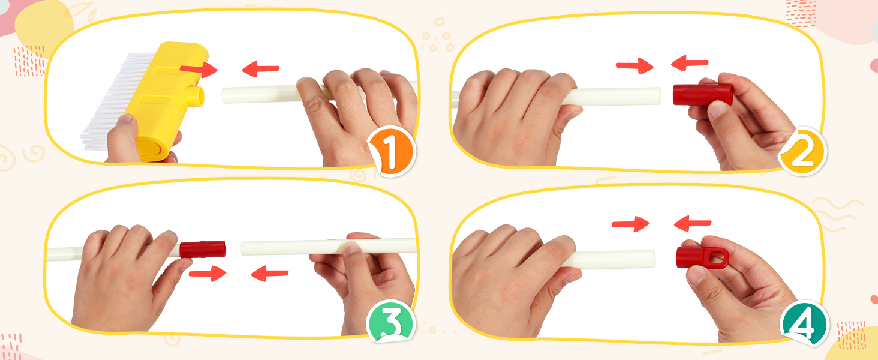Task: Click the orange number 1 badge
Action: (x=392, y=150)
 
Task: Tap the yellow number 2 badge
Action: (x=802, y=151)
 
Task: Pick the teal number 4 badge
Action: (x=804, y=323)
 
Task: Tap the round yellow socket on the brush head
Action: (x=197, y=97)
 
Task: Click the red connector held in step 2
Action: (x=702, y=95)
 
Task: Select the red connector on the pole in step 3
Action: (x=203, y=250)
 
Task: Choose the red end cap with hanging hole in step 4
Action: (x=702, y=257)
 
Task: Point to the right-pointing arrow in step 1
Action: (x=199, y=70)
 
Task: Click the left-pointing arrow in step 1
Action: (x=261, y=68)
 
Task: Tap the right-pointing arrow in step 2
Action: (x=635, y=65)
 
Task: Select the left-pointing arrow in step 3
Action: (x=270, y=273)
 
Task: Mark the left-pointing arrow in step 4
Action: (x=693, y=223)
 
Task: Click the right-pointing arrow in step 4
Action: (x=630, y=224)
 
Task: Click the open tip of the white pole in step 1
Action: (x=224, y=96)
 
